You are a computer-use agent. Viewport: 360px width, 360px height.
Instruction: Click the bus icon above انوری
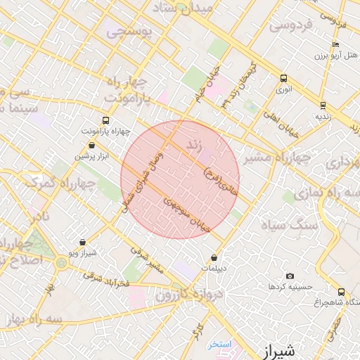tap(283, 78)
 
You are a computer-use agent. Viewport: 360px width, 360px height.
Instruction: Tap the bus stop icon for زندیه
tap(323, 105)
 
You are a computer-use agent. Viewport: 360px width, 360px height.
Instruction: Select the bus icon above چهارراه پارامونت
tap(105, 120)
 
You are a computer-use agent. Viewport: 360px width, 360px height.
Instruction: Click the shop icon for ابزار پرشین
tap(91, 145)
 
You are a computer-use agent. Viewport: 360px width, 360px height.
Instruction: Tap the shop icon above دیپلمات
tap(214, 258)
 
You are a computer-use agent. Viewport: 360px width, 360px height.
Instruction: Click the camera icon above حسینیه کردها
tap(290, 276)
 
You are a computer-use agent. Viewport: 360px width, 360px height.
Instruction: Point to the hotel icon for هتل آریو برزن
tap(335, 45)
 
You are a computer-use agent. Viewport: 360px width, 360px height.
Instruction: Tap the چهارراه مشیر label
tap(277, 158)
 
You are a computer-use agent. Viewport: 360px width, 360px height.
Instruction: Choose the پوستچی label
tap(127, 32)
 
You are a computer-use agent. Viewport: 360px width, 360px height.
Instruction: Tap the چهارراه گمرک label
tap(61, 181)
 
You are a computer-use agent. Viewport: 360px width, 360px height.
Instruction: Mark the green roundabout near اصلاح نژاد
tap(61, 263)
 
